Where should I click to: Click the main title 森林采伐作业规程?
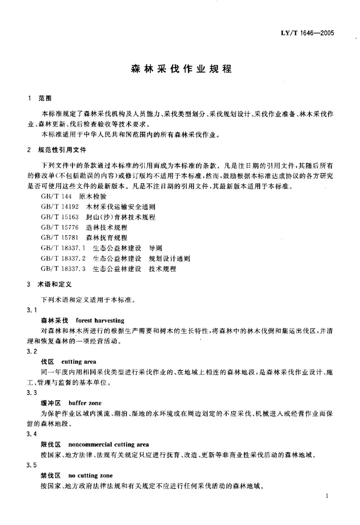(x=180, y=69)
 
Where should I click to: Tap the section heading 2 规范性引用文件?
(x=57, y=150)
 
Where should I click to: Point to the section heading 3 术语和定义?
(x=50, y=284)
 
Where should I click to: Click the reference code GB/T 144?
(x=56, y=197)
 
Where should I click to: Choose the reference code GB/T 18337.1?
(x=63, y=248)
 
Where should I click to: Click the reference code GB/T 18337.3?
(x=63, y=269)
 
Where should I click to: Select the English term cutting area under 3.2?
(x=79, y=362)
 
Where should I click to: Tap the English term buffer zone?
(x=85, y=403)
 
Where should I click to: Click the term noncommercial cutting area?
(x=109, y=444)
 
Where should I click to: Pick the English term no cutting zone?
(x=90, y=475)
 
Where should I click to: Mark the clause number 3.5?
(x=32, y=465)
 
